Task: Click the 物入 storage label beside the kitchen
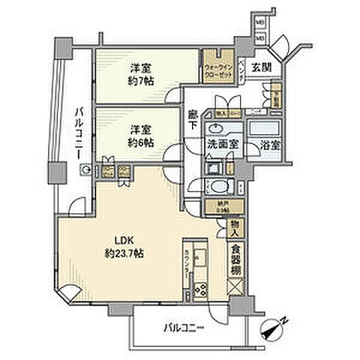click(235, 226)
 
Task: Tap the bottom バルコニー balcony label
click(184, 327)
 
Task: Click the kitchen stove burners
click(200, 287)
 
